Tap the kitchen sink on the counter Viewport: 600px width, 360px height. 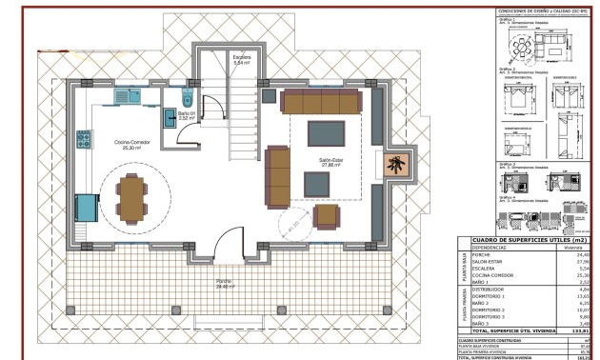(x=127, y=96)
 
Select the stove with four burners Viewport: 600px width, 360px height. (x=84, y=139)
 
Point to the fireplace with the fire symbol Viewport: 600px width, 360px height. (x=394, y=167)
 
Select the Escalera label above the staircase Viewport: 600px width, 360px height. (x=243, y=59)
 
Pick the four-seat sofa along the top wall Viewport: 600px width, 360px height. (x=321, y=102)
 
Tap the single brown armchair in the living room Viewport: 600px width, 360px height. (x=327, y=217)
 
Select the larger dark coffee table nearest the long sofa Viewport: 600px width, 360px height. (x=327, y=132)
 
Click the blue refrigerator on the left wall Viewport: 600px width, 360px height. (x=85, y=206)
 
